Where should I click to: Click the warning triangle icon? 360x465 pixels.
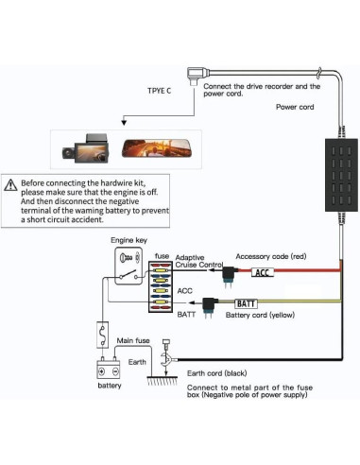(x=10, y=185)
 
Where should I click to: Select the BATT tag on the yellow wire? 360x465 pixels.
(x=246, y=303)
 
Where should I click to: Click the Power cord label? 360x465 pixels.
(x=297, y=107)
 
